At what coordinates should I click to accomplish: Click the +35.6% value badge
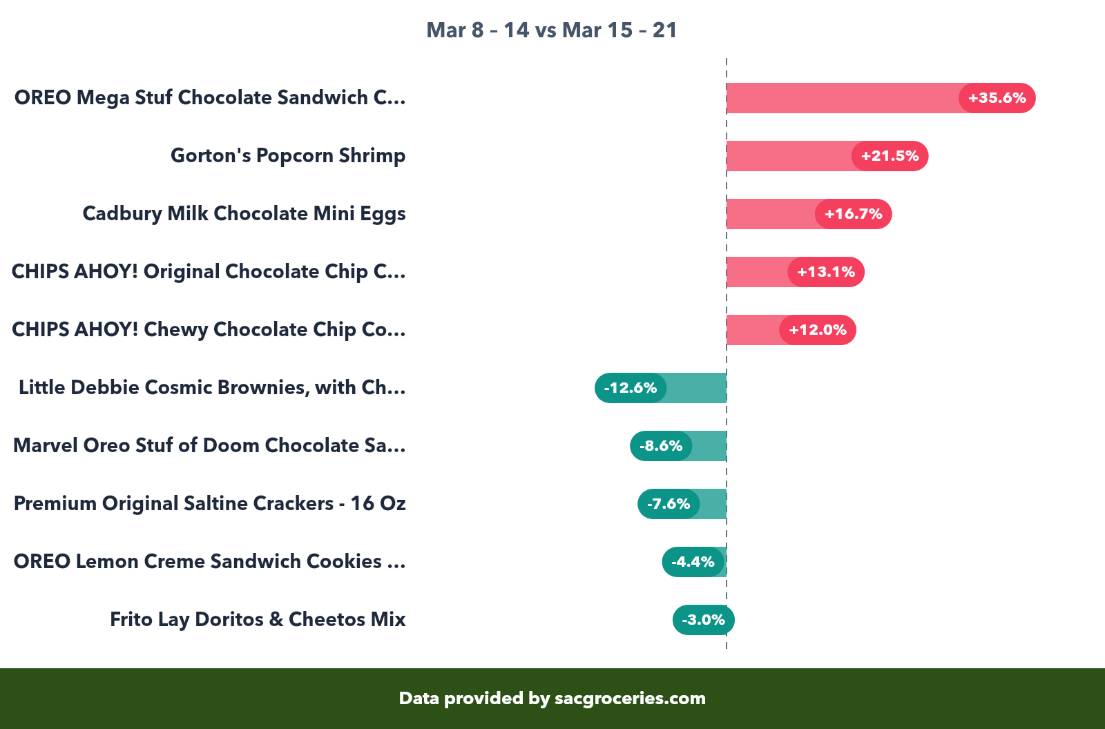tap(997, 98)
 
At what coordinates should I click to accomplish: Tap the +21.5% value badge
tap(890, 156)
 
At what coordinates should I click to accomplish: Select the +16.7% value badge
tap(853, 214)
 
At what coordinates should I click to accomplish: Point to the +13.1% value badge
tap(826, 272)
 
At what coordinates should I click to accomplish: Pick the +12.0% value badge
tap(818, 330)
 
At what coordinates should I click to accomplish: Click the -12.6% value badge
tap(631, 388)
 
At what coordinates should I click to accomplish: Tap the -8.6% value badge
tap(661, 446)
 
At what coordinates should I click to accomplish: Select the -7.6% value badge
tap(669, 504)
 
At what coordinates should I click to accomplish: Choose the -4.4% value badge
tap(693, 562)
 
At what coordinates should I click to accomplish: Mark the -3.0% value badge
tap(704, 620)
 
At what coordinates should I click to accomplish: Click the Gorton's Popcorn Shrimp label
tap(288, 156)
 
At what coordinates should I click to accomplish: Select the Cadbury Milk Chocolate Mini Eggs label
tap(244, 214)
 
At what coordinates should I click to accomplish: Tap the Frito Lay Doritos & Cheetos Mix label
tap(258, 620)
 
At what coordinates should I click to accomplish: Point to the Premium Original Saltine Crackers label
tap(209, 504)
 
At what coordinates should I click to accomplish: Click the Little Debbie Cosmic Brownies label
tap(211, 388)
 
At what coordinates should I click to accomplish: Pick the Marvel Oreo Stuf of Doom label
tap(209, 446)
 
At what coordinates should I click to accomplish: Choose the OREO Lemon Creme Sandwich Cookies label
tap(209, 562)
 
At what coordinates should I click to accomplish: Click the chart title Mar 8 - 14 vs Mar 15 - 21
tap(552, 30)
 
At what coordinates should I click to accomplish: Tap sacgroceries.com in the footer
tap(630, 699)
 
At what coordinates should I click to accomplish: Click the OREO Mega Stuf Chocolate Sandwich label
tap(209, 98)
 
